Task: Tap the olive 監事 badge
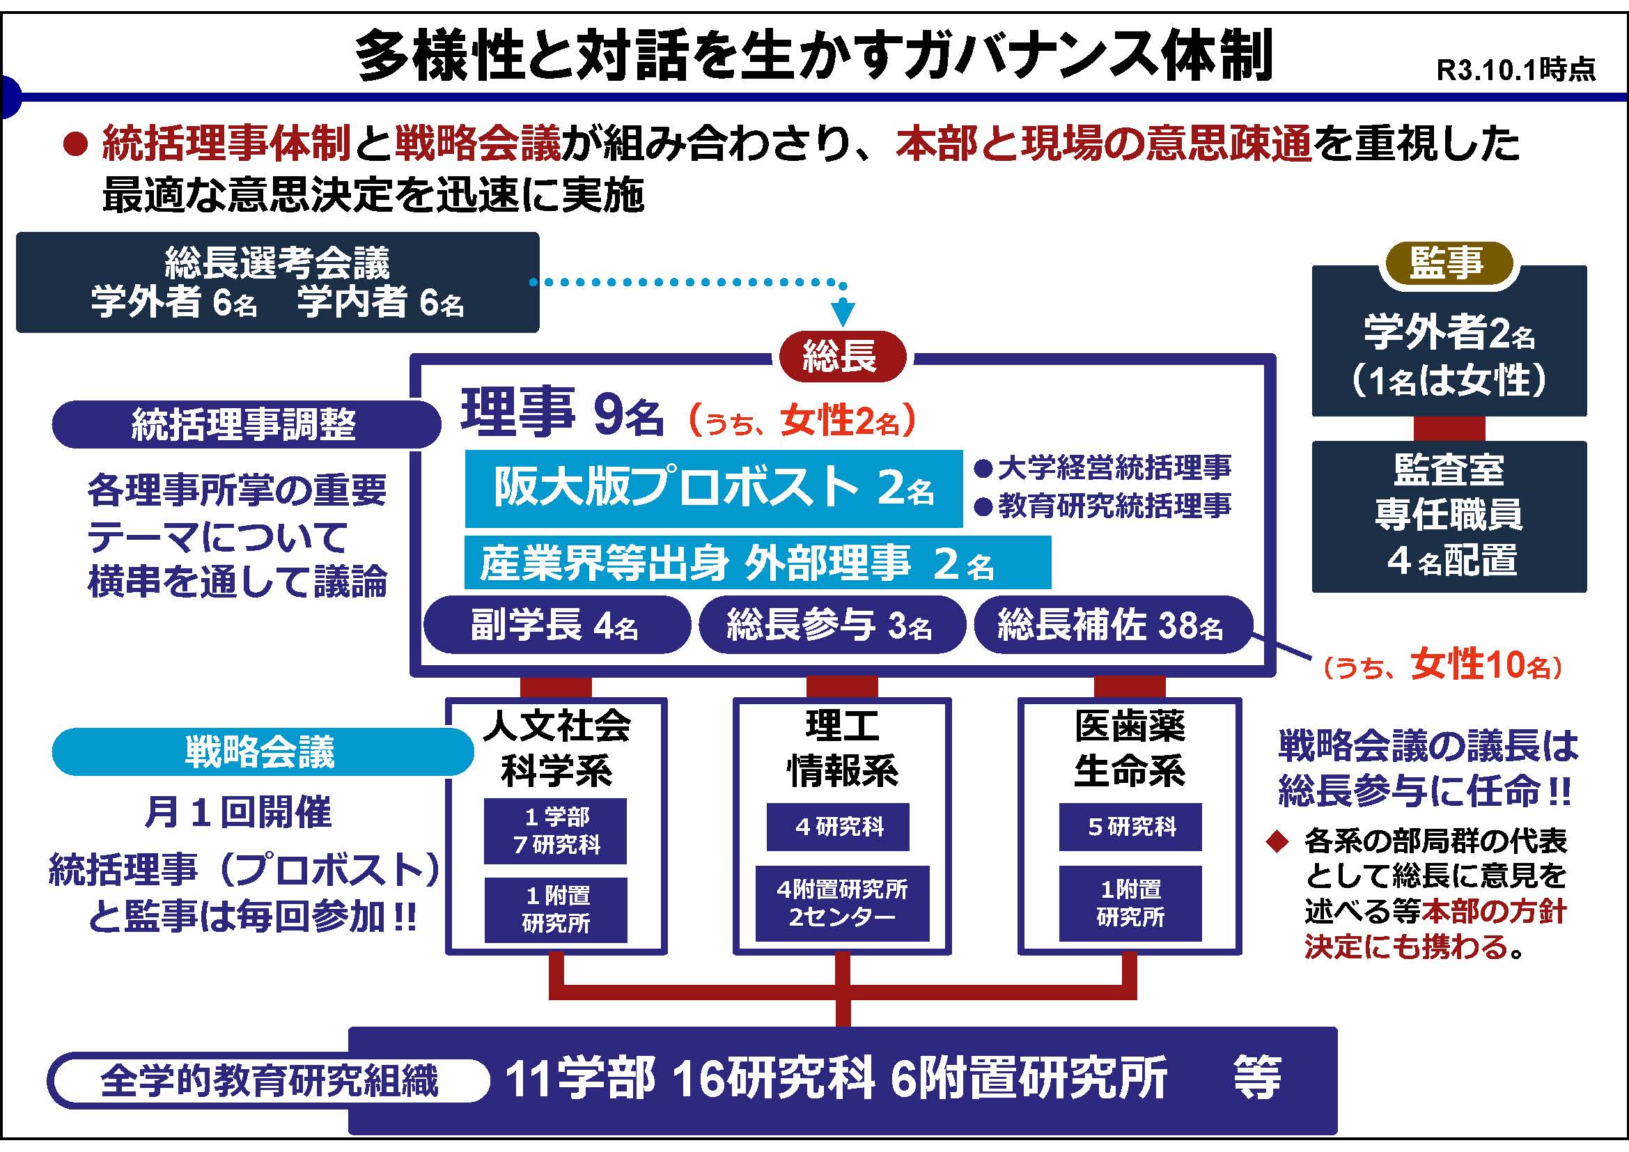click(1447, 264)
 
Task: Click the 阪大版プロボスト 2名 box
click(713, 489)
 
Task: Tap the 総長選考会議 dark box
click(277, 282)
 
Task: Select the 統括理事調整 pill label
click(244, 425)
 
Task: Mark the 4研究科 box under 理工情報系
click(838, 827)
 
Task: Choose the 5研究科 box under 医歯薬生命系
click(1130, 827)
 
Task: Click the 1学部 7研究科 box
click(556, 832)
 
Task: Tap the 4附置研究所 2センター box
click(842, 904)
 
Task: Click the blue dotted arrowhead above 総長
click(843, 313)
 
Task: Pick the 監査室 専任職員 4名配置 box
click(1449, 516)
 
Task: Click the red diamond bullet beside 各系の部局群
click(1277, 842)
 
